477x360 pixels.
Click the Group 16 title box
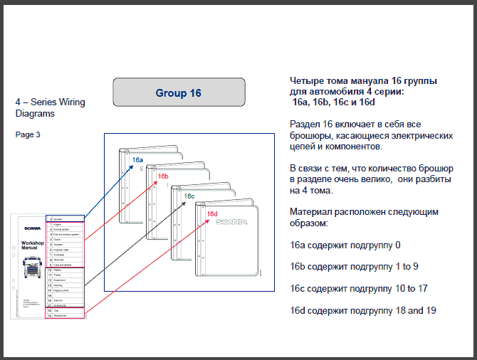(179, 93)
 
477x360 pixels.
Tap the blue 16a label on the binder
(138, 160)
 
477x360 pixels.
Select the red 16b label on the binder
(163, 176)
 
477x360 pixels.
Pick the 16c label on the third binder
(189, 196)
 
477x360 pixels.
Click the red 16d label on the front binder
(212, 213)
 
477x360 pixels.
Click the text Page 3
(28, 134)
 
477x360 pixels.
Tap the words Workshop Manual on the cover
(33, 245)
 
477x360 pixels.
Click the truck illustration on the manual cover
(33, 272)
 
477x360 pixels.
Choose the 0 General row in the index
(65, 218)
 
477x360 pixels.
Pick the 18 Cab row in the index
(65, 310)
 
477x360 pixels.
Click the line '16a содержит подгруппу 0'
(345, 245)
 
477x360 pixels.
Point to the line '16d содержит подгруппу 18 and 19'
(363, 310)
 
